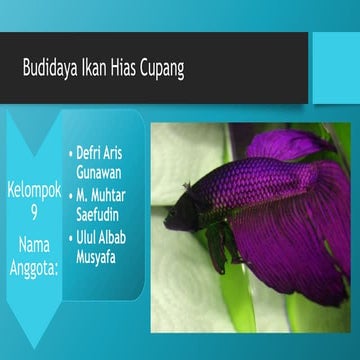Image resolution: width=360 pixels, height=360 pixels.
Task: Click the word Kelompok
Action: pyautogui.click(x=34, y=190)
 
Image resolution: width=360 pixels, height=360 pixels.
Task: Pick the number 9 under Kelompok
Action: pyautogui.click(x=34, y=211)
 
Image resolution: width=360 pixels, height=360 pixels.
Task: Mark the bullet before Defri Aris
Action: pyautogui.click(x=71, y=154)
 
